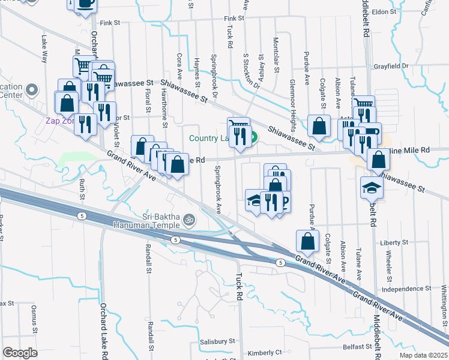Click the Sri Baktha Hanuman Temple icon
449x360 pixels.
tap(190, 219)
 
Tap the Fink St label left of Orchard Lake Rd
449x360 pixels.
tap(110, 23)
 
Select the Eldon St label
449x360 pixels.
tap(384, 11)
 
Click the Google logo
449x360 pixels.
tap(20, 353)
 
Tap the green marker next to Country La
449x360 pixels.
tap(254, 138)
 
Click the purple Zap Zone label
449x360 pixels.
tap(60, 120)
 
